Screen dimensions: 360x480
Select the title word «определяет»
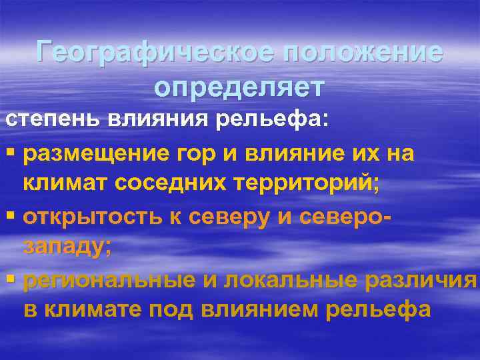[239, 86]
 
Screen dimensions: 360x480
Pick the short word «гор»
[183, 155]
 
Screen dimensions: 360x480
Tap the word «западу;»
[66, 248]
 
